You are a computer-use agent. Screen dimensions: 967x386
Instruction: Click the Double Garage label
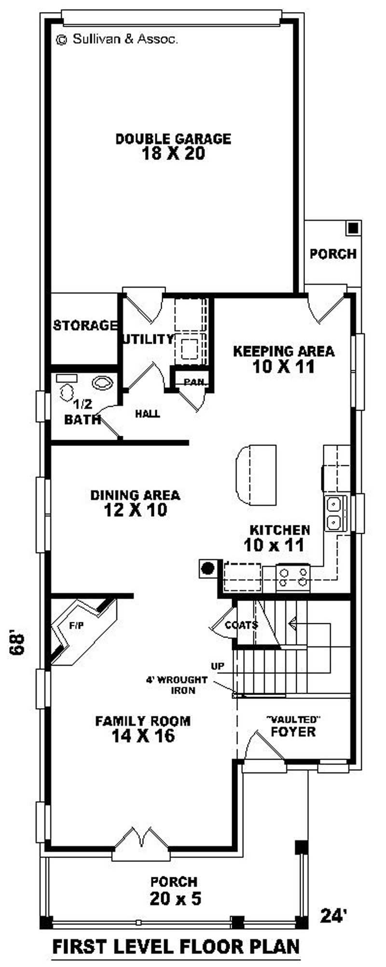(173, 139)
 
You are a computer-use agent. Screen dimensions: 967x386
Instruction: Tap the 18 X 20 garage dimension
(173, 154)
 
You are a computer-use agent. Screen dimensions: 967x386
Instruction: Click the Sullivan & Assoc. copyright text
(118, 39)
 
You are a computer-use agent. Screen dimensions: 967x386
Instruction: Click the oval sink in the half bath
(102, 383)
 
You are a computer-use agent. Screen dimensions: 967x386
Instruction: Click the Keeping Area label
(283, 351)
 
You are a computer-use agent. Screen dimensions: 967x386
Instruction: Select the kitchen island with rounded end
(256, 475)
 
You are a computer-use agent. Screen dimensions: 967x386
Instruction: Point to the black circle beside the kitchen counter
(207, 568)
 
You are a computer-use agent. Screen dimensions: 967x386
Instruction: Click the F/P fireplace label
(76, 626)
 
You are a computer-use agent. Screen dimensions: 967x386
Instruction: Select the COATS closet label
(241, 625)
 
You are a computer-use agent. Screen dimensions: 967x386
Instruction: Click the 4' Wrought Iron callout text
(177, 685)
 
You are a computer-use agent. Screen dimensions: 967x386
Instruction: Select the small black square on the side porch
(354, 227)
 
